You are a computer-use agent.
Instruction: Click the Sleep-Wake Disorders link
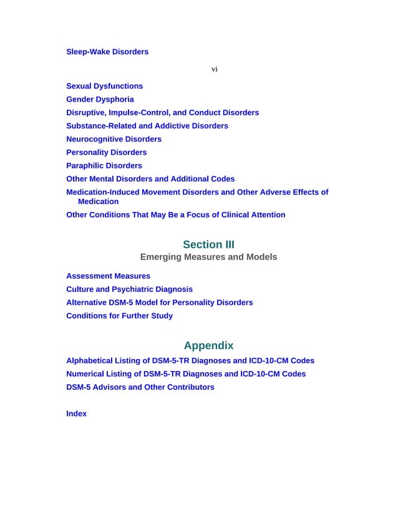107,52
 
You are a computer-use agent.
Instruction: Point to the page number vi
214,69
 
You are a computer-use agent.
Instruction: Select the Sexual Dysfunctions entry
104,86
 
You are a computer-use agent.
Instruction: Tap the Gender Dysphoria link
100,99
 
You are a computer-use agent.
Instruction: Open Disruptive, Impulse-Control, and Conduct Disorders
162,113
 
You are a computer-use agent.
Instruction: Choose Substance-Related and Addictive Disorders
147,126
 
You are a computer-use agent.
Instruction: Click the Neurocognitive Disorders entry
114,139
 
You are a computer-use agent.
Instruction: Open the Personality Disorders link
107,152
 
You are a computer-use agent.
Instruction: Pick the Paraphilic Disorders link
104,166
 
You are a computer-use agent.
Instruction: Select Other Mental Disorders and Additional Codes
150,179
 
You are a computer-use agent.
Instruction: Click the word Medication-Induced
103,192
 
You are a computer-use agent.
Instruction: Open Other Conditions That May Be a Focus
175,215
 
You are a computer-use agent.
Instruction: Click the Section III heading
208,244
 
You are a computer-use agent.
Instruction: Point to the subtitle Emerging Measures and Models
208,257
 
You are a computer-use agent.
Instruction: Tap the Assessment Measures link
108,276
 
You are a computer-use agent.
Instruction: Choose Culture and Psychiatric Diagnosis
129,289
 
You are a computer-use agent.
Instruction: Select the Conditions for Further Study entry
119,315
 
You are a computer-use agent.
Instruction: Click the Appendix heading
208,345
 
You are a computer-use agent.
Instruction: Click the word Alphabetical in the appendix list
89,361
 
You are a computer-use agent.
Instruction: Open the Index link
76,413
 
